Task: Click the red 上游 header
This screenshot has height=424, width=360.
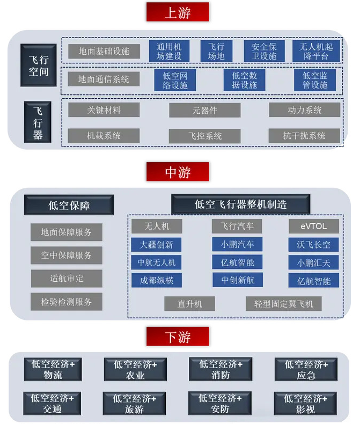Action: click(178, 12)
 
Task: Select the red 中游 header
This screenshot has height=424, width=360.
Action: click(178, 172)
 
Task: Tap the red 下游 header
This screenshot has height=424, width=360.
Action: click(178, 336)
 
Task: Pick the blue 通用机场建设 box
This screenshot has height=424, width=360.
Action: click(169, 52)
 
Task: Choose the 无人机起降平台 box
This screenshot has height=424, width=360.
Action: click(316, 52)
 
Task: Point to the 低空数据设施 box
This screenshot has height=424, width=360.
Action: click(245, 81)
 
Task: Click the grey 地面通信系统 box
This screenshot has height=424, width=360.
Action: click(104, 79)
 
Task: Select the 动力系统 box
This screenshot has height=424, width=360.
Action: click(304, 110)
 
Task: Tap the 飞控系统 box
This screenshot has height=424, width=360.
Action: click(204, 136)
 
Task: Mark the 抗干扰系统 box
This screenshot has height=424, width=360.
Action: click(304, 136)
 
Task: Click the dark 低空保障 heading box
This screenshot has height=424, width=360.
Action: click(69, 205)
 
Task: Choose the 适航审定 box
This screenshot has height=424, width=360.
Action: click(67, 279)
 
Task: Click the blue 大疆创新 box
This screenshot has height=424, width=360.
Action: click(157, 245)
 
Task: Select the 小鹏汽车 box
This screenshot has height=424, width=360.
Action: click(237, 244)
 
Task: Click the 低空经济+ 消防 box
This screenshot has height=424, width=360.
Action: click(221, 369)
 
